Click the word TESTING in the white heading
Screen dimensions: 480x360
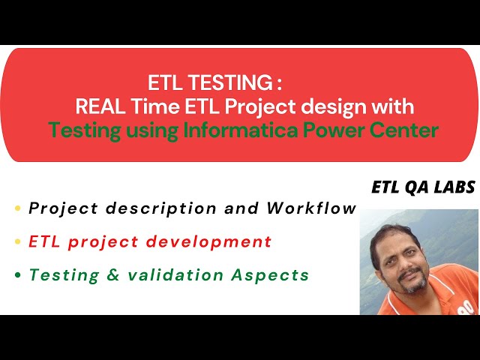[229, 82]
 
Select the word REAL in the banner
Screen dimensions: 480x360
[100, 106]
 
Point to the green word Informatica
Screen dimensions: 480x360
[240, 130]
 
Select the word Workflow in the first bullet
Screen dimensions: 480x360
[312, 208]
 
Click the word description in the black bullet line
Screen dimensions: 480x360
[161, 209]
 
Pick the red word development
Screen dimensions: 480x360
[208, 242]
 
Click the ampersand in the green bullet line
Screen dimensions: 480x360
[113, 274]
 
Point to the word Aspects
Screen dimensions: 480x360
[270, 275]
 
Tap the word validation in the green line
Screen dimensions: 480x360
[175, 274]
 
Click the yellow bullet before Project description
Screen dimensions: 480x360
[18, 208]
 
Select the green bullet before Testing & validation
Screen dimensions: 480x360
[18, 274]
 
